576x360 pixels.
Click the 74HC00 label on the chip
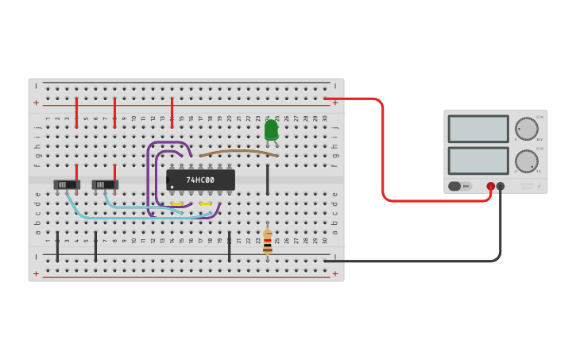tap(200, 180)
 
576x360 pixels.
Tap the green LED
tap(271, 130)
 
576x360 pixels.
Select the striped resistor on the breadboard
tap(268, 242)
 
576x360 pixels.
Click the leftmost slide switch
tap(67, 184)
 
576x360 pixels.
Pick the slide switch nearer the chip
tap(105, 184)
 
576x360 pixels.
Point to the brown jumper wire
tap(238, 151)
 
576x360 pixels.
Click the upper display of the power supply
tap(478, 129)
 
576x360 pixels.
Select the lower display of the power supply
tap(478, 161)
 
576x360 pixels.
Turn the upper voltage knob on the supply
tap(526, 129)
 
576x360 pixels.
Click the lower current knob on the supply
tap(526, 161)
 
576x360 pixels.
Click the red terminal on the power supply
tap(491, 186)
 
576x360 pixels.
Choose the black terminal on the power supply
tap(501, 186)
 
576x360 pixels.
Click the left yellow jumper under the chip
tap(176, 204)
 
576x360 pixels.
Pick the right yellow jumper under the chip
tap(206, 204)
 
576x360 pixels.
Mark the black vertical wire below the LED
tap(268, 180)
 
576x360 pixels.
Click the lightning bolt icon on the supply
tap(539, 186)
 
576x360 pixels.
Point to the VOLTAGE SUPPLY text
tap(527, 186)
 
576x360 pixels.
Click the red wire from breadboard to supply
tap(383, 151)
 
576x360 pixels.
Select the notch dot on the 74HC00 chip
tap(171, 188)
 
